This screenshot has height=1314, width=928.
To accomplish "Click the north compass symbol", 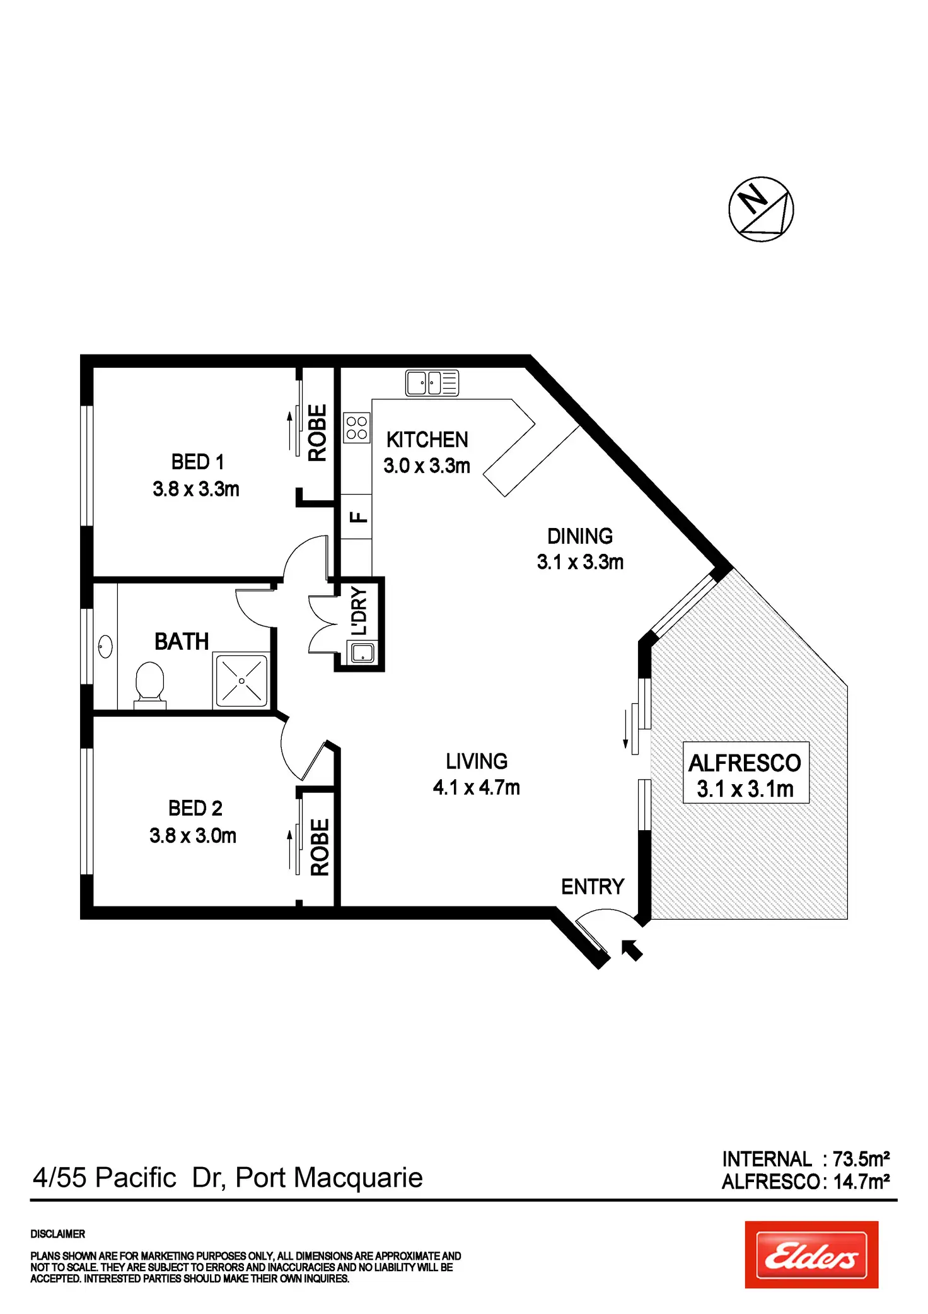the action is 761,209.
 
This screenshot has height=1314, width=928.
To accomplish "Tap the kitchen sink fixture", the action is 432,383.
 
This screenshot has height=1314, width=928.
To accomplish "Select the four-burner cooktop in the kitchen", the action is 356,428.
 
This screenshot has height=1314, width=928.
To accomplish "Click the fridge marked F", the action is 356,517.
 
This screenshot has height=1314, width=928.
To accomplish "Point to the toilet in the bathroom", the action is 150,684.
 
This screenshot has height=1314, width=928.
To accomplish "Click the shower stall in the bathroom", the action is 241,681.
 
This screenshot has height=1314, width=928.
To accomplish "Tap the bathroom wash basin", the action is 105,647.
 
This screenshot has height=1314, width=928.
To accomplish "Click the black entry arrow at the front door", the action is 632,949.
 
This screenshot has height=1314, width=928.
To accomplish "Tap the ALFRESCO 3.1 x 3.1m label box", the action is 746,772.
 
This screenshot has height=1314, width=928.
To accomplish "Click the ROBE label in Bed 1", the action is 317,433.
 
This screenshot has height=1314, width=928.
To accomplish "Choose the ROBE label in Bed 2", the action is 320,847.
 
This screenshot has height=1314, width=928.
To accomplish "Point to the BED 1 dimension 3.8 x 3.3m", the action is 196,489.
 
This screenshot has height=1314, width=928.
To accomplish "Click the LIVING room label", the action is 477,761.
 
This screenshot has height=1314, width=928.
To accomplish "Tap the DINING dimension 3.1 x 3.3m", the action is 580,561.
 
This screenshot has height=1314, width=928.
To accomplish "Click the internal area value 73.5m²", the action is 861,1159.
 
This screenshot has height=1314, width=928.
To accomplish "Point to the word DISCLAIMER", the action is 57,1234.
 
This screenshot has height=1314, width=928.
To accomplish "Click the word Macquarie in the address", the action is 359,1178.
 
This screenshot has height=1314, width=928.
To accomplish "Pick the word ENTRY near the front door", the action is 593,887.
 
